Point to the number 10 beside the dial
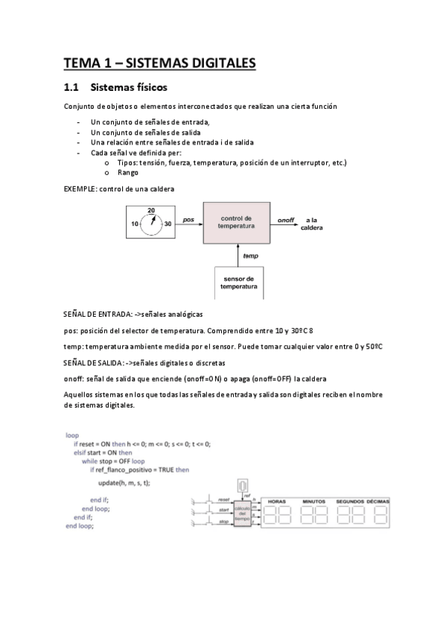point(136,224)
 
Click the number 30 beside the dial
point(168,224)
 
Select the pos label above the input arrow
point(188,220)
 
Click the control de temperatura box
point(238,223)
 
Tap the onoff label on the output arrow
point(285,221)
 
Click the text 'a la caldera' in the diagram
point(311,224)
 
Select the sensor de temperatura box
point(239,282)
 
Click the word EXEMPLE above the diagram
point(80,189)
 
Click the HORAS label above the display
point(277,500)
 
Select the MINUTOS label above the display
point(315,500)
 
